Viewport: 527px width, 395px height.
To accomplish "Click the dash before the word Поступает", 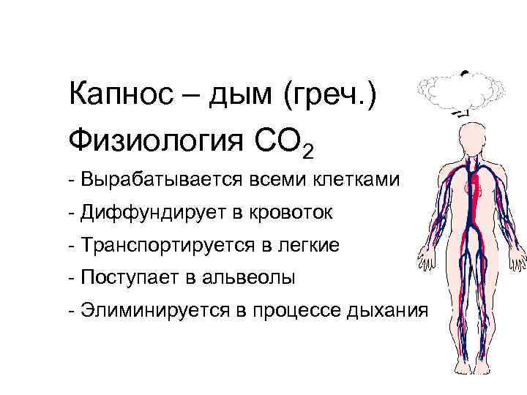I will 70,279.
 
